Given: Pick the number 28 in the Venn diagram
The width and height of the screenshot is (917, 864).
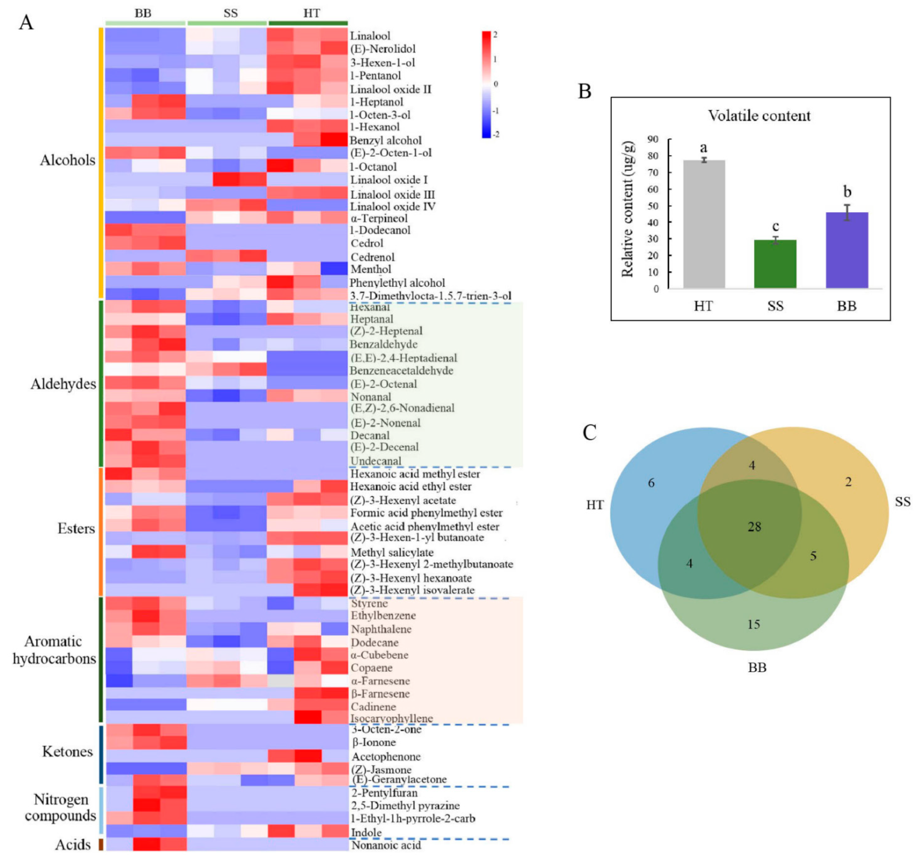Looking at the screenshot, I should click(x=754, y=527).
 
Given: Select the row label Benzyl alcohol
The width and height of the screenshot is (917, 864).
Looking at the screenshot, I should click(x=386, y=140).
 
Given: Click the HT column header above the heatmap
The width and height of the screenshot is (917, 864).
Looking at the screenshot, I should click(x=311, y=13).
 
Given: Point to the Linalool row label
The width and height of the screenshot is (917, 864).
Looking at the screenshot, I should click(x=370, y=35).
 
